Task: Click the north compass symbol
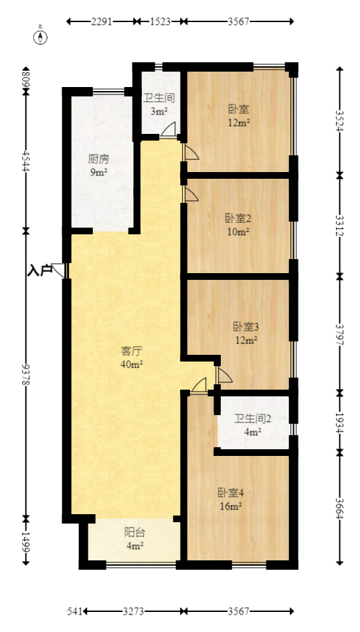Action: (41, 36)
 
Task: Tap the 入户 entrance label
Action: (39, 270)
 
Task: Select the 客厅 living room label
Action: (132, 351)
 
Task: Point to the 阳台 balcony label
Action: (134, 532)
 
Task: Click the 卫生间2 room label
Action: (252, 419)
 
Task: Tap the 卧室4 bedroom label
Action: (230, 493)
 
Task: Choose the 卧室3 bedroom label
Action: (246, 327)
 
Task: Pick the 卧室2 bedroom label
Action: (238, 218)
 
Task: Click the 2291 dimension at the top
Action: (102, 21)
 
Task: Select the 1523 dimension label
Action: (159, 21)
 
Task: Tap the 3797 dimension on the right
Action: (339, 333)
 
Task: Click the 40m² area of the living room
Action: (132, 364)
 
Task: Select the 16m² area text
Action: (230, 506)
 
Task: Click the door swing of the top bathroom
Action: (169, 129)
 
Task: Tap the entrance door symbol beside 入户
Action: (60, 270)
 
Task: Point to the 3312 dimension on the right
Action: (339, 225)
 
